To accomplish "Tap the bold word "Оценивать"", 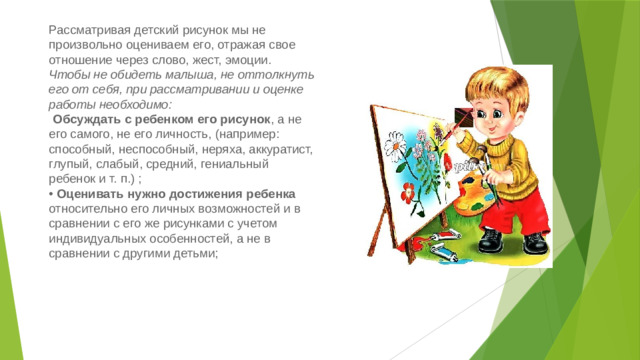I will point(96,194).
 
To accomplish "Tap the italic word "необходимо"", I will point(134,104).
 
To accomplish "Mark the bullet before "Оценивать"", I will point(51,194).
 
